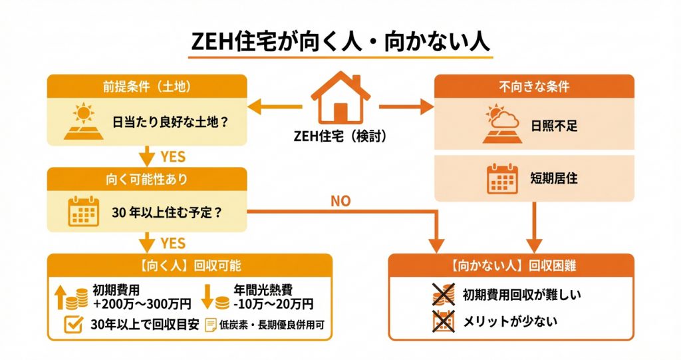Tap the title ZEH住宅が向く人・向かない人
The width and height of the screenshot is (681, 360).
pos(340,43)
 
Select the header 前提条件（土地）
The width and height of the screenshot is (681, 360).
pos(147,87)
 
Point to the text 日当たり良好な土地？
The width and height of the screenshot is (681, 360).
pos(170,122)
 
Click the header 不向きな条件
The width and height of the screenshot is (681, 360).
pos(534,87)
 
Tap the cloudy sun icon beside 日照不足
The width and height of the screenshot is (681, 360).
pos(502,124)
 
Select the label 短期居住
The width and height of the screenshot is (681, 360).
pos(554,178)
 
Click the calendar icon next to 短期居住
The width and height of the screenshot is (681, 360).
pos(502,179)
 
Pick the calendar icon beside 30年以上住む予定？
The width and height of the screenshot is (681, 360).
pos(84,212)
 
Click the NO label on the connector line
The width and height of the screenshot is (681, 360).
pos(340,201)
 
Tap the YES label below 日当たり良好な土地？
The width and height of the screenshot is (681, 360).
pos(173,156)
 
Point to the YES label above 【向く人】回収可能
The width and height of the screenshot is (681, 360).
pos(173,243)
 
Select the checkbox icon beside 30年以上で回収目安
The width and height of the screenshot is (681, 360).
pos(74,324)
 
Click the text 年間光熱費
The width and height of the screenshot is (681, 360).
pos(263,289)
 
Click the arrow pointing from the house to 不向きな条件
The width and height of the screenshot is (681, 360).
pos(406,106)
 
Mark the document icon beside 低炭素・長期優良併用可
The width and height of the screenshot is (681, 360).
pos(211,325)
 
